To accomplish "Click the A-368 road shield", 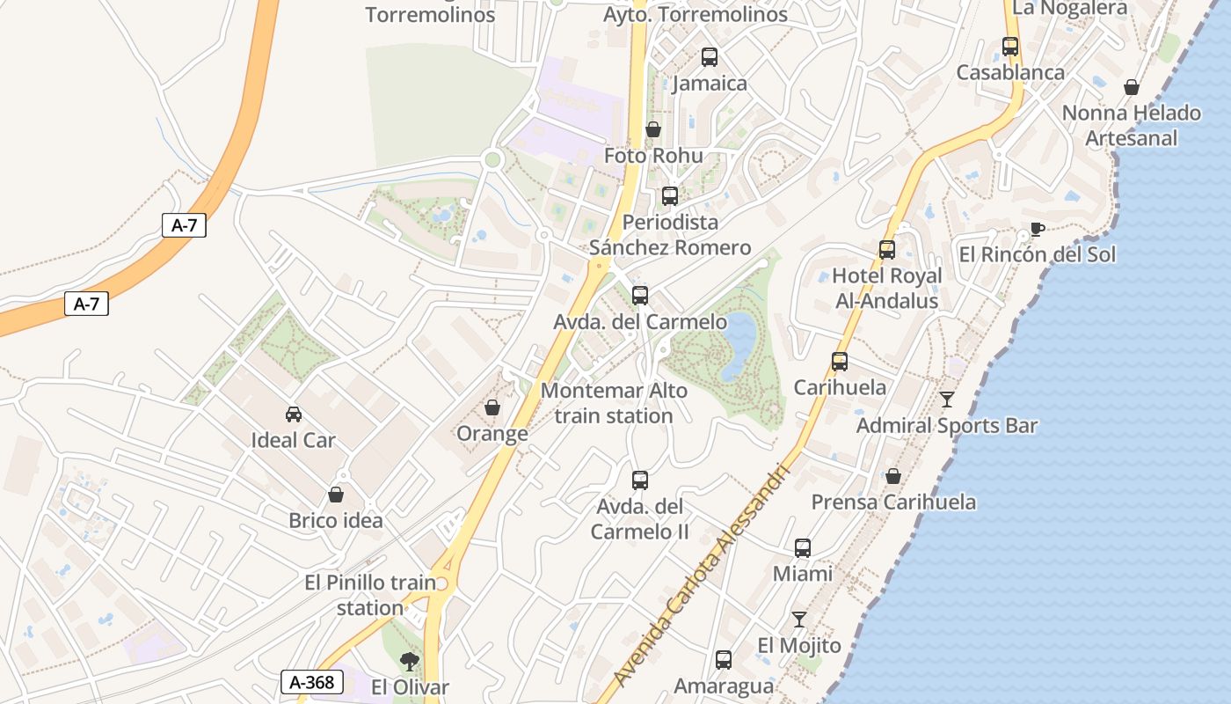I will pyautogui.click(x=311, y=681).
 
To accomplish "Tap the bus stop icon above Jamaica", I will pyautogui.click(x=710, y=57).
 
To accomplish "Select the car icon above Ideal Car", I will pyautogui.click(x=294, y=414).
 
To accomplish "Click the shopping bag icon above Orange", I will pyautogui.click(x=492, y=407).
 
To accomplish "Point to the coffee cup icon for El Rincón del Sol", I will pyautogui.click(x=1038, y=230).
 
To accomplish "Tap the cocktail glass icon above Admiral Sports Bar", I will pyautogui.click(x=947, y=400).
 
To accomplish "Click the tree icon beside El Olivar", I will pyautogui.click(x=409, y=661).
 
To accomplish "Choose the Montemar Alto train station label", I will pyautogui.click(x=614, y=402).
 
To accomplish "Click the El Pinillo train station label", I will pyautogui.click(x=370, y=595).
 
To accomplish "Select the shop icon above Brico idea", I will pyautogui.click(x=336, y=495).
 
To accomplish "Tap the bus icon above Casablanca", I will pyautogui.click(x=1010, y=47).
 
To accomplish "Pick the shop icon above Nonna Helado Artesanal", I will pyautogui.click(x=1132, y=87).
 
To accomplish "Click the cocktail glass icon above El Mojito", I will pyautogui.click(x=799, y=620).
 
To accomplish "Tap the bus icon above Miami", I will pyautogui.click(x=803, y=548).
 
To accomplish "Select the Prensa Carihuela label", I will pyautogui.click(x=893, y=502).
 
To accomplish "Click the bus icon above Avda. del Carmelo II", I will pyautogui.click(x=640, y=480).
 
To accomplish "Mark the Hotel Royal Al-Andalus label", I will pyautogui.click(x=886, y=288).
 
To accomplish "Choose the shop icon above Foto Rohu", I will pyautogui.click(x=653, y=130).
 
